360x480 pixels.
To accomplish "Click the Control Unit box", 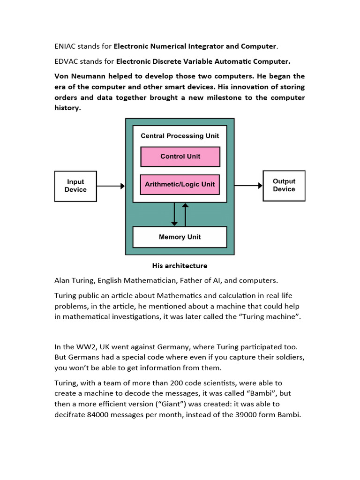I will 180,157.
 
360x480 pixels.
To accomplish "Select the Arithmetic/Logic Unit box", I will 180,184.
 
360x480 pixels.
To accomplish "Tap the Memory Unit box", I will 180,237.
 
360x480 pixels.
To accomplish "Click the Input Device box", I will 75,186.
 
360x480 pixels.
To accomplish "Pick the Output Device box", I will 284,186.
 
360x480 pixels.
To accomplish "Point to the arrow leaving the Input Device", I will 111,186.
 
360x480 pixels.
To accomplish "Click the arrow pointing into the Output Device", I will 248,186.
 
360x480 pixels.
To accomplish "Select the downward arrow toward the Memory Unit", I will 174,214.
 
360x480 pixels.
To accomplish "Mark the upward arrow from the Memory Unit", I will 186,214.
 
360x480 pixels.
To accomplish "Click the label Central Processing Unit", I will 180,136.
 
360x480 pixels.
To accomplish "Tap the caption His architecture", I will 180,266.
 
